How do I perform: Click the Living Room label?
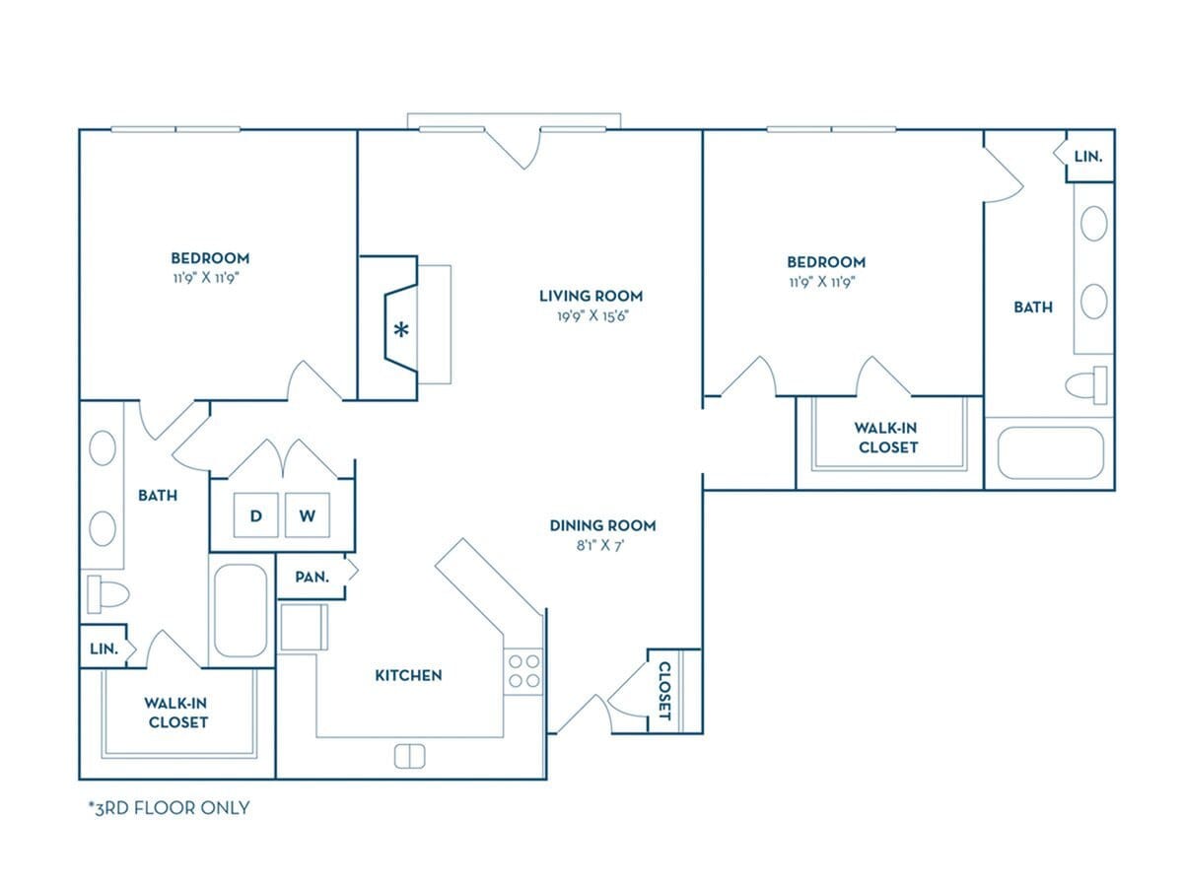click(x=591, y=296)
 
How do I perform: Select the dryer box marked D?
click(x=255, y=515)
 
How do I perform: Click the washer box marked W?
click(x=308, y=515)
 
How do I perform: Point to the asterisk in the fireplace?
click(x=401, y=330)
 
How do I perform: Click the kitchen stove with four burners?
click(x=523, y=671)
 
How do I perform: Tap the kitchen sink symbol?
click(x=409, y=756)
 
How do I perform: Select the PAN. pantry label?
click(x=312, y=578)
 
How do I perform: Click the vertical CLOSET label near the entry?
click(x=664, y=690)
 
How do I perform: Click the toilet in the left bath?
click(x=107, y=594)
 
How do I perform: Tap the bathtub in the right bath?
click(x=1050, y=452)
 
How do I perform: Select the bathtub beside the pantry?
click(x=241, y=610)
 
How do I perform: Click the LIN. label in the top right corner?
click(x=1088, y=157)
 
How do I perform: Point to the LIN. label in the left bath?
click(x=103, y=648)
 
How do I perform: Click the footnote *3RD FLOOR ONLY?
click(x=169, y=808)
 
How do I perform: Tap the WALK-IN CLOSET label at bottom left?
click(x=178, y=713)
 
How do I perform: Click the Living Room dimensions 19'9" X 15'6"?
click(x=591, y=316)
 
